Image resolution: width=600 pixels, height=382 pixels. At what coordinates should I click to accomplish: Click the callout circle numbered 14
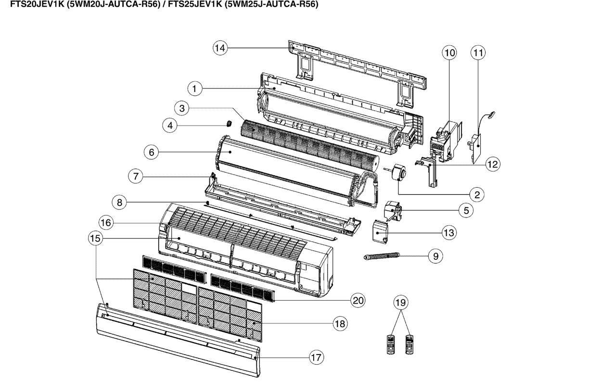220,48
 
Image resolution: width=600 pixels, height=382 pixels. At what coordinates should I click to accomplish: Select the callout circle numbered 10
449,53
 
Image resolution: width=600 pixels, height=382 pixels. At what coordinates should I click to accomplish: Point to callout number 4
169,126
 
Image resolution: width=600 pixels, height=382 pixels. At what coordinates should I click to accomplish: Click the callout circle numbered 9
435,256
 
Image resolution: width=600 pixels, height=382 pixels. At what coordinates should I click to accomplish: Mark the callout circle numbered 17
316,357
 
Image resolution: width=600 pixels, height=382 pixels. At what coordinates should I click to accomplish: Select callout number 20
357,301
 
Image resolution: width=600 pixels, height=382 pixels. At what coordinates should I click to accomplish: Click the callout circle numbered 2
477,194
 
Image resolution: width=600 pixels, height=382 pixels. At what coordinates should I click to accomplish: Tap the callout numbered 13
449,232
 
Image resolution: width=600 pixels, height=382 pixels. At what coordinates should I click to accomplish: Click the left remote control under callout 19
391,344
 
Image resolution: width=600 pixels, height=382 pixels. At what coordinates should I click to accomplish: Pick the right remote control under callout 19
409,344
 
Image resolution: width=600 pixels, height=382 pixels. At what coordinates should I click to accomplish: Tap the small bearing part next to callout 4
229,124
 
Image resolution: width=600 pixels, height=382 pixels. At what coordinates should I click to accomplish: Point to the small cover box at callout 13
381,232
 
